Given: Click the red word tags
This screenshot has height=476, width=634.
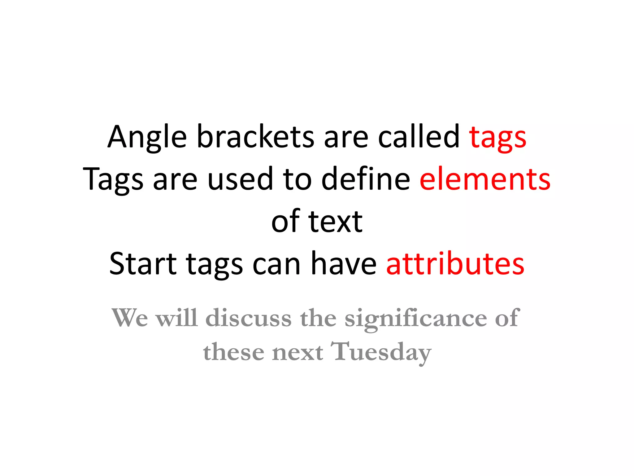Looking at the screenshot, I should (497, 138).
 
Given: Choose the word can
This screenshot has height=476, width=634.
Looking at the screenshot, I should (276, 264).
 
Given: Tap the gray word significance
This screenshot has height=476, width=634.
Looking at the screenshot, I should (416, 319).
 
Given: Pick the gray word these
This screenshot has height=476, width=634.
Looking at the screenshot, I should (233, 352).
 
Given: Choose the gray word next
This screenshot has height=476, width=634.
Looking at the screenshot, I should (297, 353).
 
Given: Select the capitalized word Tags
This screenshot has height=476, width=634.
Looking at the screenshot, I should (113, 180).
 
